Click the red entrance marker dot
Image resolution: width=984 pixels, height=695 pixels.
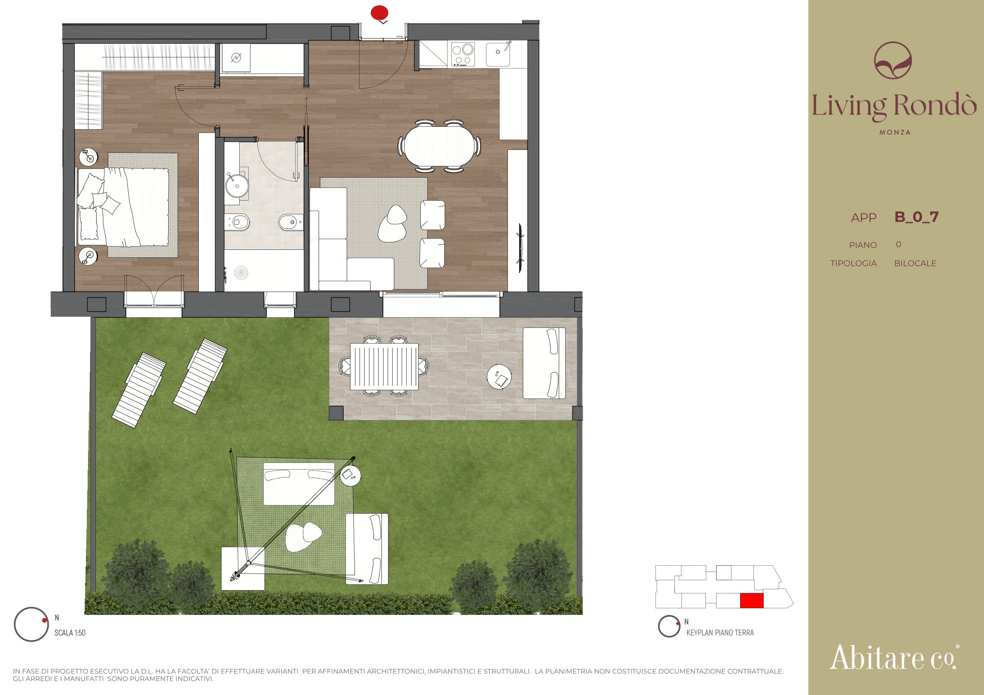[379, 12]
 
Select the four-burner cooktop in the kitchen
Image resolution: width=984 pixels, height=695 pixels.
[463, 54]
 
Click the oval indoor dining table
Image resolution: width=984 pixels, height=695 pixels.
[439, 146]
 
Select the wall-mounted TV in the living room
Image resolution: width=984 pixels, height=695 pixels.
[520, 248]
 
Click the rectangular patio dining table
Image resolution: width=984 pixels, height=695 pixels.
[384, 367]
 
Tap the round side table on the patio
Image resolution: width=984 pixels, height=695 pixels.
[499, 376]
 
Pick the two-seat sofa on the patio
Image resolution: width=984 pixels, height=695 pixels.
[544, 363]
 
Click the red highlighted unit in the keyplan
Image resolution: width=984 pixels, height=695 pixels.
[752, 600]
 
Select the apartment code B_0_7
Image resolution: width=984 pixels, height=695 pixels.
[916, 217]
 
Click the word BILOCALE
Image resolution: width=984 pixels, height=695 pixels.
[915, 263]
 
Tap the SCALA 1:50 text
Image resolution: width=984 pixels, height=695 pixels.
[70, 633]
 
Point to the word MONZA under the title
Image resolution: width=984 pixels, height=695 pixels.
[895, 132]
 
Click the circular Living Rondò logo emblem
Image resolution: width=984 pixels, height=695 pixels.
[893, 60]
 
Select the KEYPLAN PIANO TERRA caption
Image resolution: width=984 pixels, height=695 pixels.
[720, 633]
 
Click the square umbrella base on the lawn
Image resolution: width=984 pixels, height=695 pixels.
[243, 569]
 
